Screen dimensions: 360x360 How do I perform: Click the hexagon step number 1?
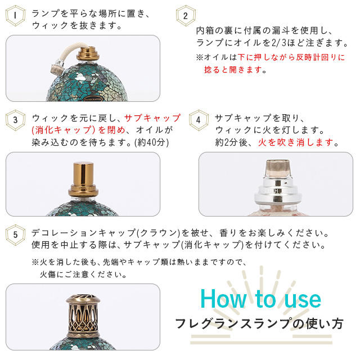point(15,16)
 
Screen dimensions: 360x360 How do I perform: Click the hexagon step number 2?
point(186,16)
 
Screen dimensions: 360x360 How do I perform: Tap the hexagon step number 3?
point(15,120)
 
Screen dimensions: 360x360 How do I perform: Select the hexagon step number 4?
point(198,120)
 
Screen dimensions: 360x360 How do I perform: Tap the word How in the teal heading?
point(224,299)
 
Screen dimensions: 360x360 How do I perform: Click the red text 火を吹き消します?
point(295,142)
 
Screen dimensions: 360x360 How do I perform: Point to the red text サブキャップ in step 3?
point(152,118)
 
